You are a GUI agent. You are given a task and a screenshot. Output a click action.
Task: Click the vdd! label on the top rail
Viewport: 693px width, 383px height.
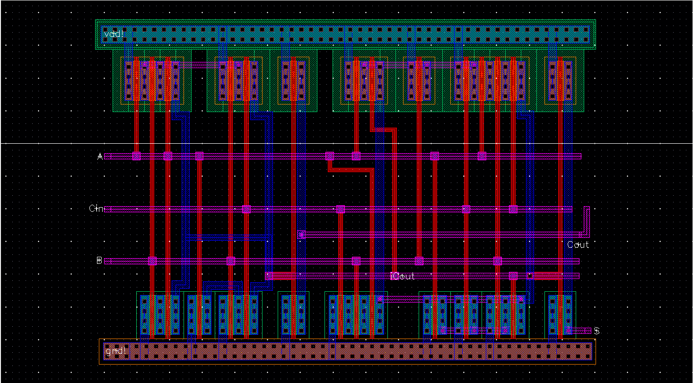point(114,34)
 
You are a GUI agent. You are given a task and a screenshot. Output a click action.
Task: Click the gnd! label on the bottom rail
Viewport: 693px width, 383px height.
point(115,351)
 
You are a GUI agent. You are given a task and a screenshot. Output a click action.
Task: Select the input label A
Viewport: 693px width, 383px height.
point(100,156)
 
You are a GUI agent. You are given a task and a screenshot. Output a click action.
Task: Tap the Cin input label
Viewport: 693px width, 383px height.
point(96,209)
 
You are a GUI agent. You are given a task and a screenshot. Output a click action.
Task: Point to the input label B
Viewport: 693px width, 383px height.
point(99,261)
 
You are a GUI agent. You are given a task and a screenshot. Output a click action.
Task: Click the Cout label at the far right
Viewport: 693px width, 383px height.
point(578,244)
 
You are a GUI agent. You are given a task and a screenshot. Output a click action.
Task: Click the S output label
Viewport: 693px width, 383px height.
point(597,331)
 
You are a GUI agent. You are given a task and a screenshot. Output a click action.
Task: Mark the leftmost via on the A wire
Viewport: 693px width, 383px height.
point(136,156)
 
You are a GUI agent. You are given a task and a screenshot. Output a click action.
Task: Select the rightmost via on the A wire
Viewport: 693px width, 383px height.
point(482,156)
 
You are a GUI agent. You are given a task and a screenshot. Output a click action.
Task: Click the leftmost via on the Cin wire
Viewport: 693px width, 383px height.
point(246,209)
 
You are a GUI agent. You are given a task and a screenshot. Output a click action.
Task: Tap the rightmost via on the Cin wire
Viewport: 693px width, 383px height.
point(513,209)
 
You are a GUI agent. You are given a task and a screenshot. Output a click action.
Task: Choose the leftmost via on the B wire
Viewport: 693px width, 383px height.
point(152,261)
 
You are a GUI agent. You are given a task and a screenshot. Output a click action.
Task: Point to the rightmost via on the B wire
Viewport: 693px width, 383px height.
point(497,261)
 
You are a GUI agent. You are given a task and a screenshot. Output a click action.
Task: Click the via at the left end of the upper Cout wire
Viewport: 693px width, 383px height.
point(301,235)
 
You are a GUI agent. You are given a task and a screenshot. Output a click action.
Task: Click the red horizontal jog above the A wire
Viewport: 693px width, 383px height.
point(383,129)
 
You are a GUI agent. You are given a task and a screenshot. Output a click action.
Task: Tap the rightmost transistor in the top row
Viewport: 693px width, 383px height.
point(560,80)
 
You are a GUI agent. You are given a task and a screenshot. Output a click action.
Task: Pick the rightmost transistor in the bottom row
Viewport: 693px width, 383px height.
point(560,314)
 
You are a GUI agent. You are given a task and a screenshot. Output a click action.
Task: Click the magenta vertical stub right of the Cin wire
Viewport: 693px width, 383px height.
point(587,221)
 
